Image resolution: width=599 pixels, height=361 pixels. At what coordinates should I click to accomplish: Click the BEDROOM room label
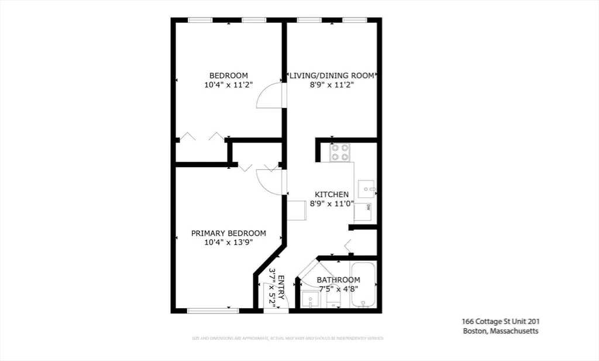point(229,75)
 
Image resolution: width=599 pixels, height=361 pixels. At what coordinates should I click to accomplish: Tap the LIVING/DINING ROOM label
point(332,75)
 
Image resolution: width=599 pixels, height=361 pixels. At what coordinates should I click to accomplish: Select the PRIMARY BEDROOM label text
point(229,233)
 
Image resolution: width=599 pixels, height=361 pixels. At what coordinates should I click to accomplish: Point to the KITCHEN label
point(332,195)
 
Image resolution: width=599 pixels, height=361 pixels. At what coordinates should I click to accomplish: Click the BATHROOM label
point(338,280)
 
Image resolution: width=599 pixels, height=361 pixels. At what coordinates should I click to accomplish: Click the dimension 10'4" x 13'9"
point(229,243)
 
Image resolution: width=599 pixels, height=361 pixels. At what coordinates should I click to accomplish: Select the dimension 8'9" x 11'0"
point(332,204)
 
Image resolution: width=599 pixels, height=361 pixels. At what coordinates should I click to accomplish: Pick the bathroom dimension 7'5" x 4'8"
point(338,288)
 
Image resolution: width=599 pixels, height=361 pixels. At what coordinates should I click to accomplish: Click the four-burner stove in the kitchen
point(340,152)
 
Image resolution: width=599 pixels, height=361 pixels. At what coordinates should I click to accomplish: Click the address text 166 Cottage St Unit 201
point(500,321)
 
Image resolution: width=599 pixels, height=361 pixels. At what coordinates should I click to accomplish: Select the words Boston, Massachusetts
point(500,331)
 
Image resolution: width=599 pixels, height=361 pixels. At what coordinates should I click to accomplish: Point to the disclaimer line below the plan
point(288,339)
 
